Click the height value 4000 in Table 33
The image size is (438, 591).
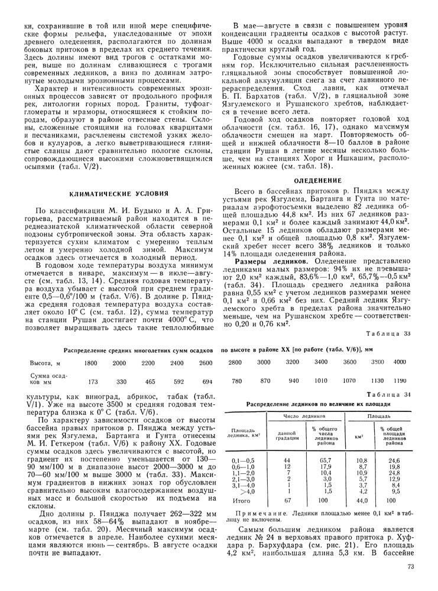pyautogui.click(x=401, y=362)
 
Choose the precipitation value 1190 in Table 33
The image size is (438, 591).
pyautogui.click(x=401, y=381)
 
